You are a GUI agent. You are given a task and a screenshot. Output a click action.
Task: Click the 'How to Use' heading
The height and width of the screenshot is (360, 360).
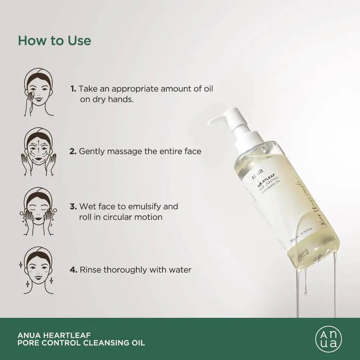(54, 41)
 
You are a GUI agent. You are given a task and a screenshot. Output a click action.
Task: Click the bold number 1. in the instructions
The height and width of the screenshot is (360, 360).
(73, 89)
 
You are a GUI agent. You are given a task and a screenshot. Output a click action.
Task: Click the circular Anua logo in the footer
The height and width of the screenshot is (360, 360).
(328, 339)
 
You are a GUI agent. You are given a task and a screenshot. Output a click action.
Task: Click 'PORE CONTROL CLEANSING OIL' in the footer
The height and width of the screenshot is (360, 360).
(81, 343)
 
